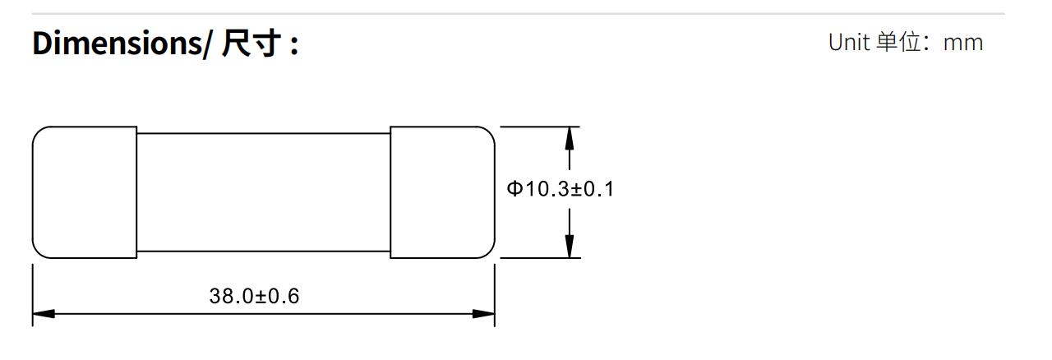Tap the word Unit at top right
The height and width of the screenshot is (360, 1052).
848,43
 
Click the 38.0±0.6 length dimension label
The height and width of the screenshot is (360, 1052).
255,296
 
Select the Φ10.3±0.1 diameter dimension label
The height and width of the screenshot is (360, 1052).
560,190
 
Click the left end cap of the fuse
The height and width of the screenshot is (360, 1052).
85,192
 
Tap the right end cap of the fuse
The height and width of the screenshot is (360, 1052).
442,192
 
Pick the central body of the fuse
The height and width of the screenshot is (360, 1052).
263,192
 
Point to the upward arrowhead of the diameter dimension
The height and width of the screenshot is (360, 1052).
569,138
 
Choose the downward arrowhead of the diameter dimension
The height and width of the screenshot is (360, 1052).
569,246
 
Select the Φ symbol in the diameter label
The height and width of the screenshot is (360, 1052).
514,190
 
